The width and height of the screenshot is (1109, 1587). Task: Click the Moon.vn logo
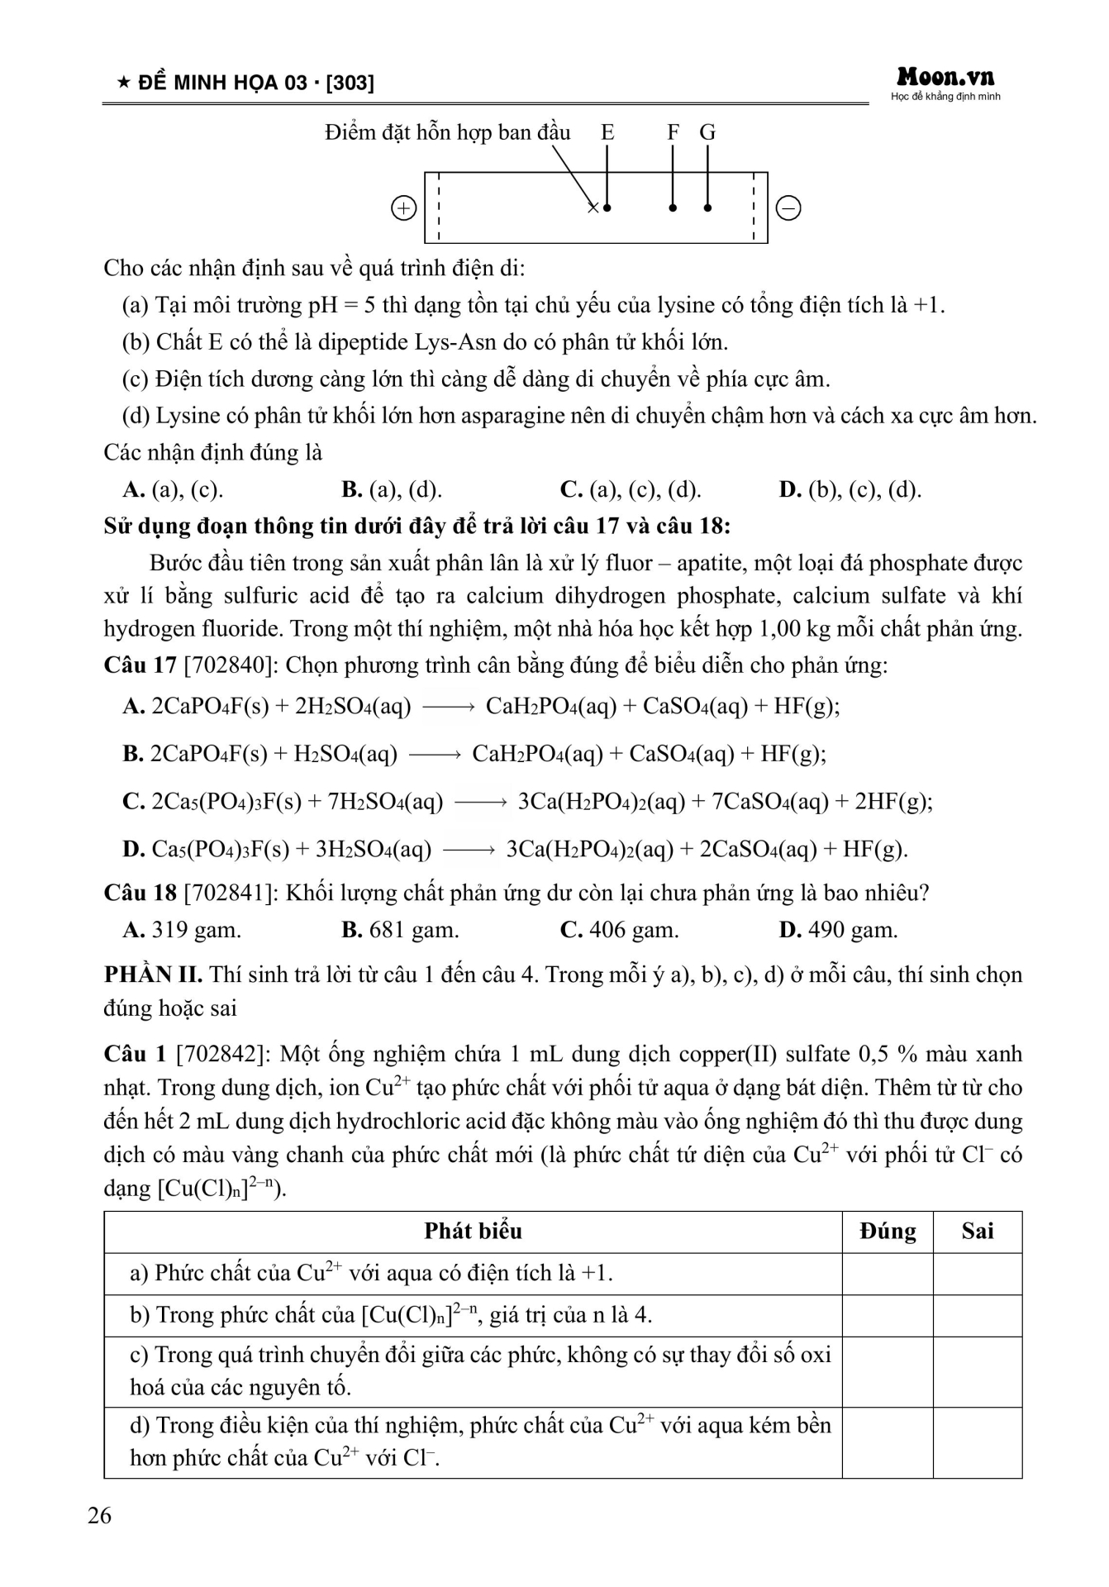(x=945, y=79)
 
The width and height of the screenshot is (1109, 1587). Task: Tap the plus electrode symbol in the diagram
(x=403, y=208)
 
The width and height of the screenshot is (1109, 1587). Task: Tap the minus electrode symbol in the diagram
(x=789, y=208)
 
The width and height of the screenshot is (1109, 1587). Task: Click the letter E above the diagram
(x=607, y=133)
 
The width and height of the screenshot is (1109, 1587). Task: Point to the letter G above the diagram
(x=707, y=133)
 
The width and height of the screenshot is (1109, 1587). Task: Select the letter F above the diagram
(x=673, y=133)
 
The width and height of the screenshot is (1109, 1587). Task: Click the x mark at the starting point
(x=593, y=207)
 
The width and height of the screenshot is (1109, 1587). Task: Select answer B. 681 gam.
(x=400, y=930)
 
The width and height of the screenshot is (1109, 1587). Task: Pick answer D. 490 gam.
(x=838, y=930)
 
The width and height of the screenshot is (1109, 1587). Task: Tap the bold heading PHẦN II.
(x=153, y=975)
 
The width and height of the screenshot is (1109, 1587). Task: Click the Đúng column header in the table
(x=888, y=1232)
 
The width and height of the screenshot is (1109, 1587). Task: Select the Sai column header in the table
(x=978, y=1232)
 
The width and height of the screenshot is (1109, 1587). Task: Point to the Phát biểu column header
(x=473, y=1232)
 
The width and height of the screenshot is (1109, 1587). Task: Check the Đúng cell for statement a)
(x=888, y=1274)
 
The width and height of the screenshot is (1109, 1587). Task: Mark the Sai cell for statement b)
(x=978, y=1315)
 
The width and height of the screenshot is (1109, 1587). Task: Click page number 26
(x=99, y=1515)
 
